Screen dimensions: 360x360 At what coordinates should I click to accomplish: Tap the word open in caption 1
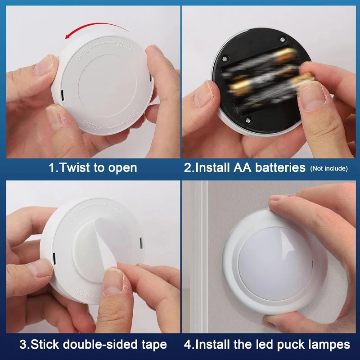122,168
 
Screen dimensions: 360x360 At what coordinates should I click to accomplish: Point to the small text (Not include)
328,169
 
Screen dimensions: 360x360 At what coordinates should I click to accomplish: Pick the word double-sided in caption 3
102,345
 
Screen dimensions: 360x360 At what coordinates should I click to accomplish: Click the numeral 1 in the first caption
51,168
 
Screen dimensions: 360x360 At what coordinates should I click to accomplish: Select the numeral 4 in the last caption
187,345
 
